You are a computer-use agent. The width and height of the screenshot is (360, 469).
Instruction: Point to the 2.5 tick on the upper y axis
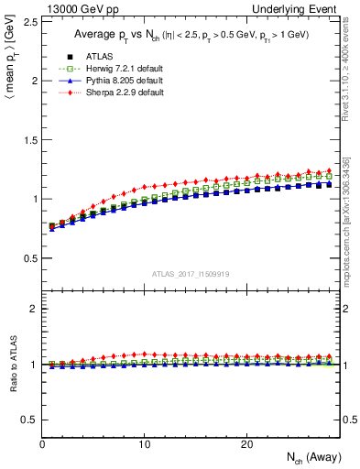[x=30, y=21]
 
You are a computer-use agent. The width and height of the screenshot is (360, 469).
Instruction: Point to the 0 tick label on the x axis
[x=43, y=444]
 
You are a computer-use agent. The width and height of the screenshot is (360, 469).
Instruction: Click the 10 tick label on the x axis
[x=144, y=444]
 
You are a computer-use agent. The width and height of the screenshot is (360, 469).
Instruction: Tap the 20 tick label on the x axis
[x=245, y=444]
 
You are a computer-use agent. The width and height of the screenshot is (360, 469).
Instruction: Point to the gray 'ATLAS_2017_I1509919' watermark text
[x=191, y=273]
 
